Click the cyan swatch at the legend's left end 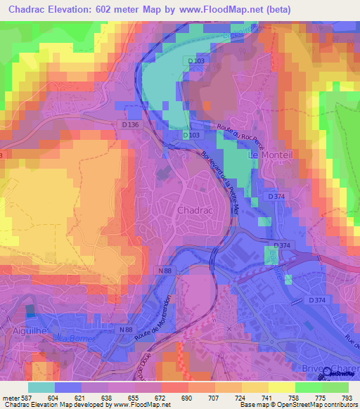tap(41, 387)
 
